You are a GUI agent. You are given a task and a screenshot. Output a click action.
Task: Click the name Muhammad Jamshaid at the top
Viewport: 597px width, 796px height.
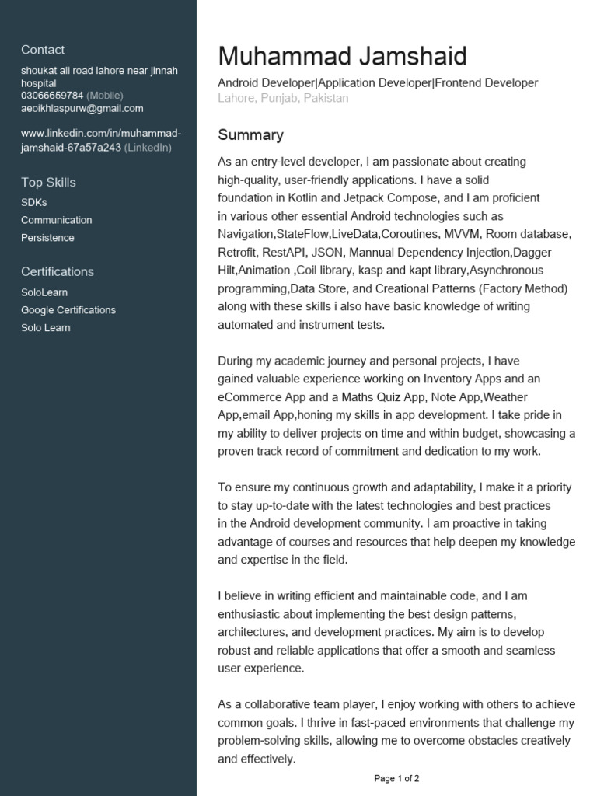[342, 56]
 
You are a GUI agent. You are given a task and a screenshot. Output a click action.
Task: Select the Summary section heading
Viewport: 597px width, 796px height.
[250, 135]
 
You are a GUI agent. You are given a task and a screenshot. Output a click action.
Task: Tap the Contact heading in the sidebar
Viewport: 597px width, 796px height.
[43, 50]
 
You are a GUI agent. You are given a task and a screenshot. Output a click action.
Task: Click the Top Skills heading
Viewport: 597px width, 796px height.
[48, 183]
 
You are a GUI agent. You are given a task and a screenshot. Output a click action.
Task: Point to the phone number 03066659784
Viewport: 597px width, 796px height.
[52, 96]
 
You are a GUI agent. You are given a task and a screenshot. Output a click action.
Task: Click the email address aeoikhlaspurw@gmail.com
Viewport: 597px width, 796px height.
[82, 109]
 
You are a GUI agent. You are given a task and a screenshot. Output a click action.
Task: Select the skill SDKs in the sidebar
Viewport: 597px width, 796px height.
[34, 202]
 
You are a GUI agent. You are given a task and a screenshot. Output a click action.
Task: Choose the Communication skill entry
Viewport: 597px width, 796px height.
[56, 220]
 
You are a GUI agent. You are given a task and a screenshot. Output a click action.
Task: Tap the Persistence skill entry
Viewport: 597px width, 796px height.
[47, 238]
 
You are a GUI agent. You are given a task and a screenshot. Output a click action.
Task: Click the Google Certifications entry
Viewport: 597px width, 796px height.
[68, 310]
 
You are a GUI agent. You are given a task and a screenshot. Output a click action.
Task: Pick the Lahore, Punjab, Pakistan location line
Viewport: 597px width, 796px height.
[283, 99]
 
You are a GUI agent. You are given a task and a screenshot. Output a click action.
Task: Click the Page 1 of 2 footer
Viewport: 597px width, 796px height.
[396, 778]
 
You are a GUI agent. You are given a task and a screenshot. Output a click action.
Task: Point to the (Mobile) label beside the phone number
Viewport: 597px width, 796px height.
[104, 96]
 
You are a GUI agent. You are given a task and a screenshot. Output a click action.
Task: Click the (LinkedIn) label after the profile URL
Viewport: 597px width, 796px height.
[148, 148]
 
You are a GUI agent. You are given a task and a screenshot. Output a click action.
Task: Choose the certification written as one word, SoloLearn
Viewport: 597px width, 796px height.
[44, 292]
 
